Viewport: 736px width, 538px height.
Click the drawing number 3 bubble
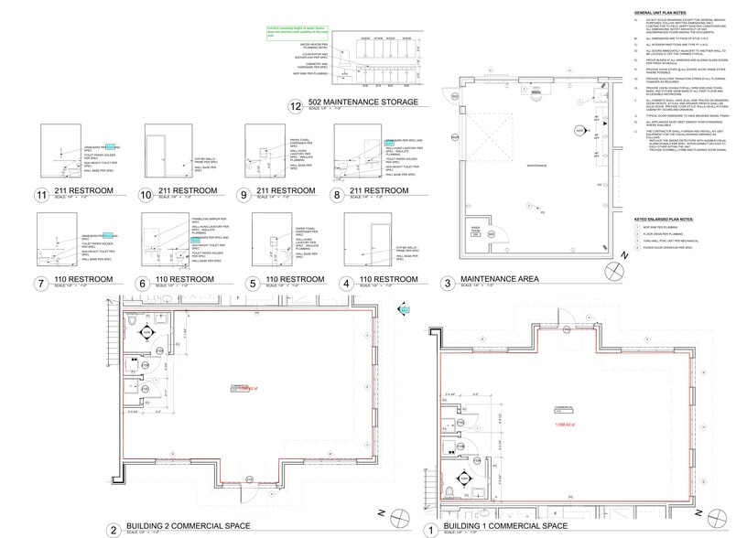pyautogui.click(x=447, y=283)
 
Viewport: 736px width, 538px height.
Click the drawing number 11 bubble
pyautogui.click(x=40, y=195)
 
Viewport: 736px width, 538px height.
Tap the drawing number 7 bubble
pyautogui.click(x=40, y=284)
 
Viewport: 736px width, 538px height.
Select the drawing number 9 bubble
pyautogui.click(x=243, y=195)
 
